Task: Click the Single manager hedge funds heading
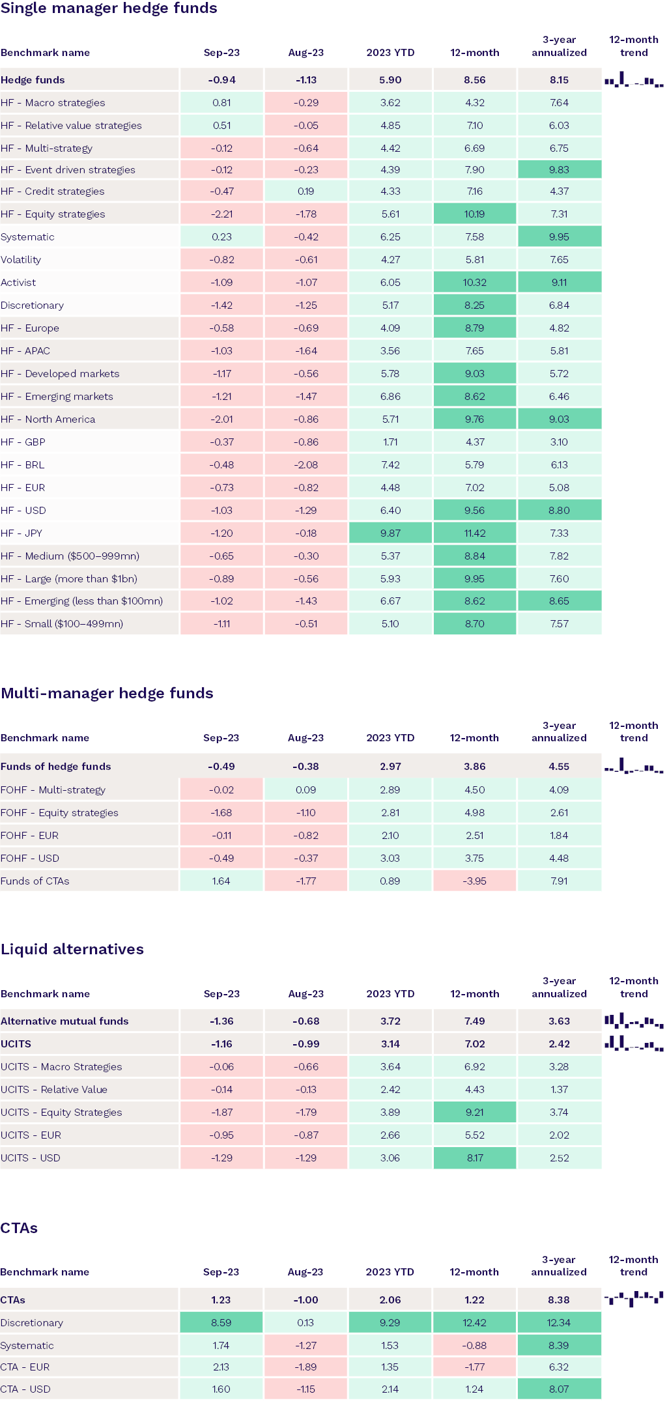[x=109, y=8]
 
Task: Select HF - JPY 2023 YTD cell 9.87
[x=390, y=533]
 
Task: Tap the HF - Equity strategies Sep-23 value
[x=221, y=214]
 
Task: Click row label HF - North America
[x=48, y=419]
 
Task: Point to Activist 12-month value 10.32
[x=474, y=282]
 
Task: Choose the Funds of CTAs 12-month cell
[x=474, y=881]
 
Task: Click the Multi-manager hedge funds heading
[x=107, y=693]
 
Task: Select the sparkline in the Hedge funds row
[x=633, y=81]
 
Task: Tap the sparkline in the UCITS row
[x=633, y=1044]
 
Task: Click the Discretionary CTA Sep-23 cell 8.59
[x=221, y=1322]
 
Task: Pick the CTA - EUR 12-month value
[x=474, y=1367]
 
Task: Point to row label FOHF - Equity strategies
[x=59, y=812]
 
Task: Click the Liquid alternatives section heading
[x=72, y=949]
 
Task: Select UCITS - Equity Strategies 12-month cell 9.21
[x=474, y=1112]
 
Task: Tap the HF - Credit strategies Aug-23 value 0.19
[x=305, y=191]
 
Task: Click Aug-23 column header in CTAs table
[x=305, y=1272]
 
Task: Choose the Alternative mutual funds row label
[x=64, y=1021]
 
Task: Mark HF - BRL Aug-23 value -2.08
[x=305, y=464]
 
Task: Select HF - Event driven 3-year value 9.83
[x=559, y=169]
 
